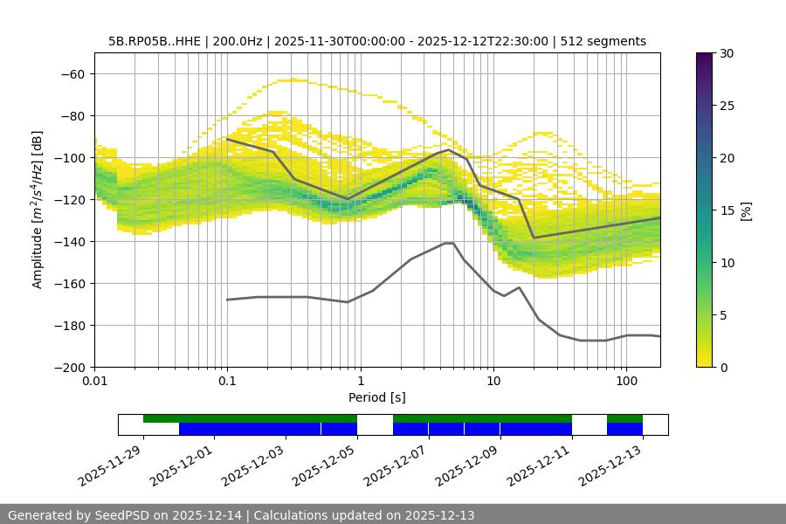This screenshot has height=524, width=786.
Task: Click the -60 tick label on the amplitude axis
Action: [x=72, y=73]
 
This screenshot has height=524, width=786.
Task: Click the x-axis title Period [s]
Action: [x=376, y=397]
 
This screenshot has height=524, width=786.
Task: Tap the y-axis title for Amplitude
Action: [x=37, y=210]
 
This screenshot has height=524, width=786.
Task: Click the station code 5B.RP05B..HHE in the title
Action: [x=154, y=41]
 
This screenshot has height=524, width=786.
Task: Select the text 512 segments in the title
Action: [x=603, y=41]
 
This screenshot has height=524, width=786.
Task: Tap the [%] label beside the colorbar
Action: [x=746, y=210]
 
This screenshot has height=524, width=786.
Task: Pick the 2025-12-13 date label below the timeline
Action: [x=611, y=463]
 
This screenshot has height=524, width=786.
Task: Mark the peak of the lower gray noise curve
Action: [x=449, y=243]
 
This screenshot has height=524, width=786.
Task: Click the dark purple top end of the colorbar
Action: [x=705, y=57]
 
